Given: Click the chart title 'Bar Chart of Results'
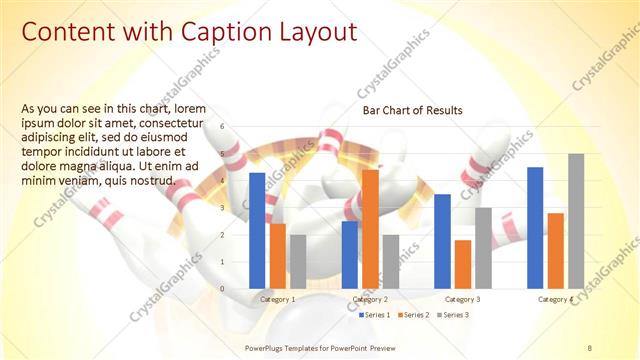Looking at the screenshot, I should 412,110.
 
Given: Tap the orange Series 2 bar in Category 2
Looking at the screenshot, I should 370,229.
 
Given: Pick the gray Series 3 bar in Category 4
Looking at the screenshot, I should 576,221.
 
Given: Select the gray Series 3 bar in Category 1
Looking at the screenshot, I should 298,262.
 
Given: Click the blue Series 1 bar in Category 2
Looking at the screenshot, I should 350,255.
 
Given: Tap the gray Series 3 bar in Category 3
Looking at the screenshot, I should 483,248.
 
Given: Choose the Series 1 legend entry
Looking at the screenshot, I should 375,315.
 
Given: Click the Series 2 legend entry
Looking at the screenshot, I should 414,315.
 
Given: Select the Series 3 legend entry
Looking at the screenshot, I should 453,315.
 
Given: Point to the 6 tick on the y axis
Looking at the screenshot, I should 237,127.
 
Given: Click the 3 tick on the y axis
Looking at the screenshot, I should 237,208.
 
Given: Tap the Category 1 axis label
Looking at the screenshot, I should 278,299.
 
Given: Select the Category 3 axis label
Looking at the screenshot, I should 463,299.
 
